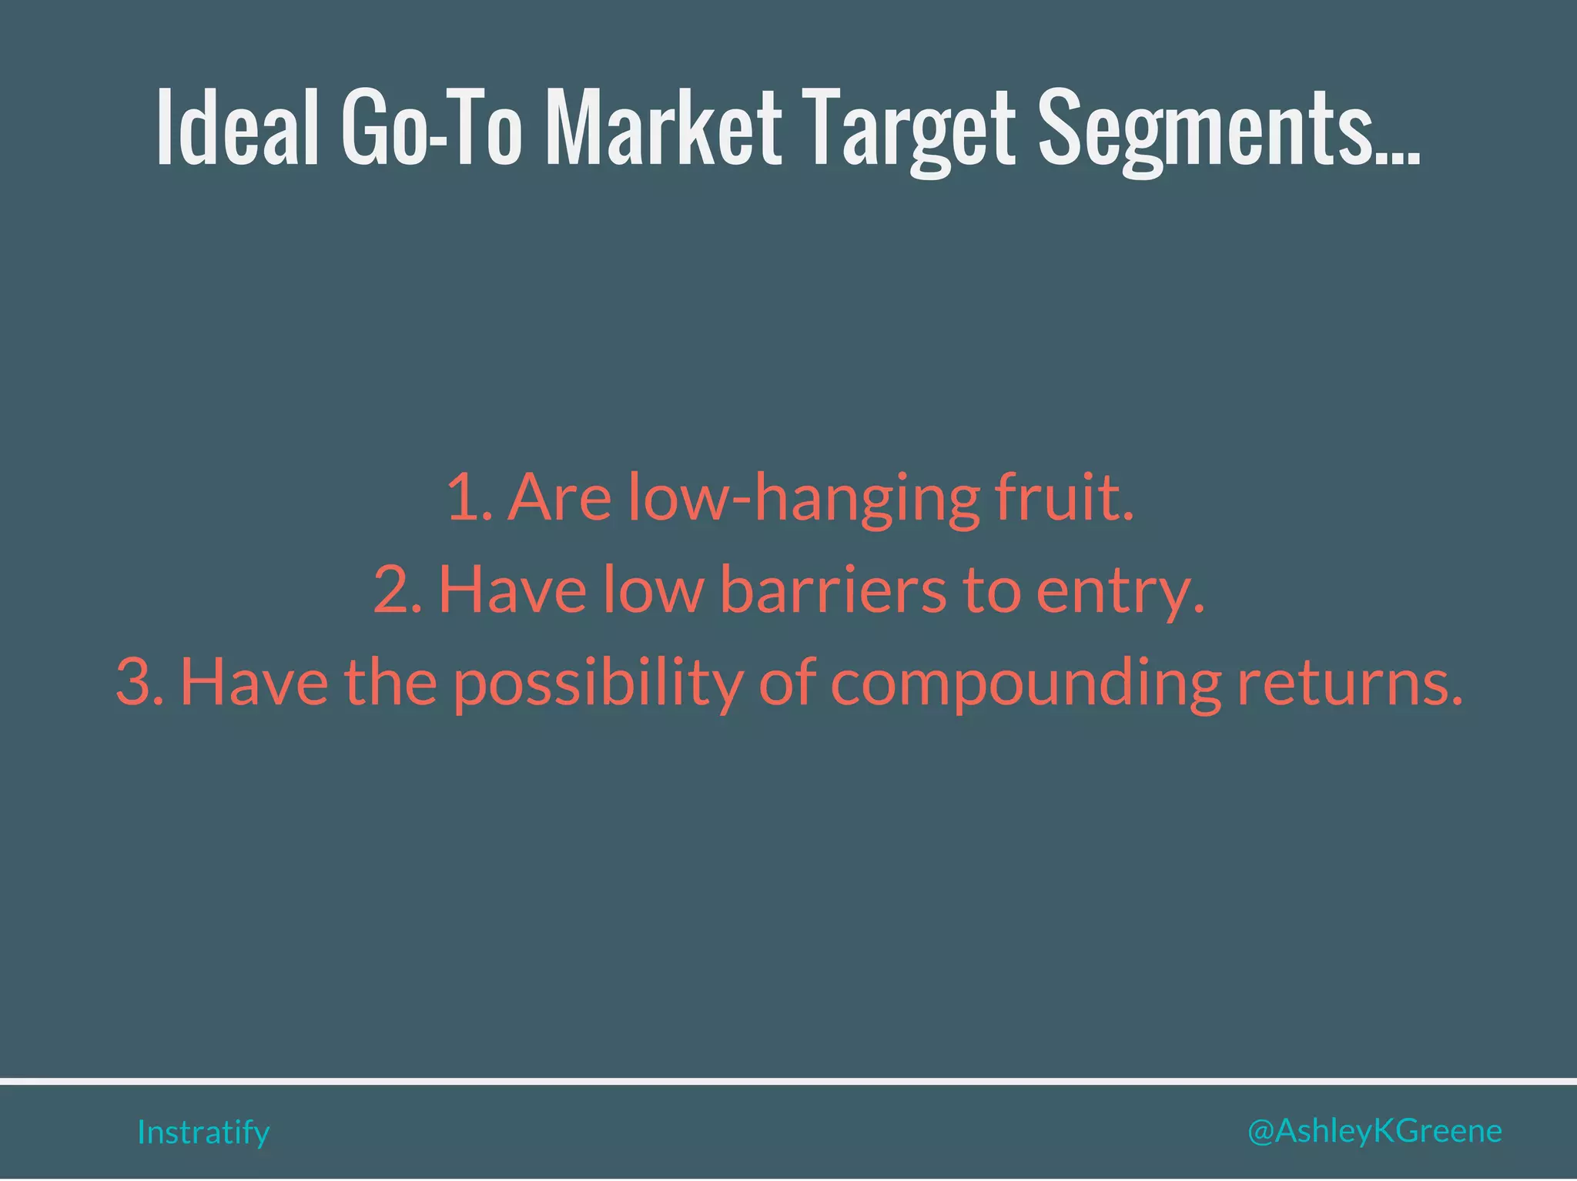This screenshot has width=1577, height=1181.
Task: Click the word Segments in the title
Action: [x=1224, y=127]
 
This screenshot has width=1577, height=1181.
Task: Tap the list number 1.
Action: [x=467, y=497]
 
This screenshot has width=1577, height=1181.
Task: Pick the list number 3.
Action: [x=137, y=682]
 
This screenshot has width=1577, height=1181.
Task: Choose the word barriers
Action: [x=833, y=590]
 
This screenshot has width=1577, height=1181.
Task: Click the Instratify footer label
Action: [x=203, y=1132]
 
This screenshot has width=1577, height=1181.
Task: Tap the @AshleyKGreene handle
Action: [x=1374, y=1131]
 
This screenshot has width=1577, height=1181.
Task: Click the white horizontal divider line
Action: [x=788, y=1081]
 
